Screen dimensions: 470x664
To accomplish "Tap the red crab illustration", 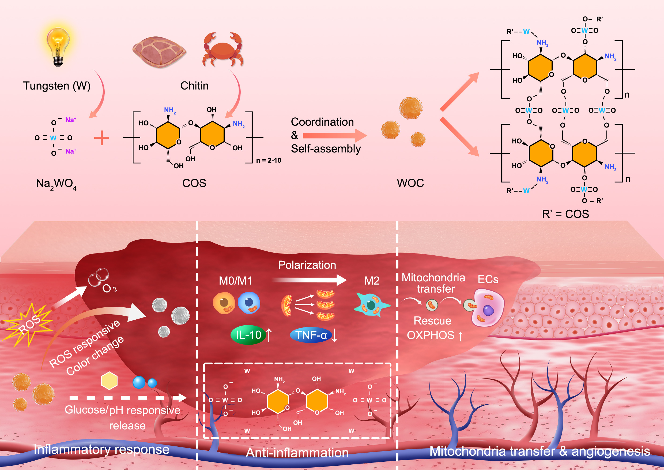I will point(222,50).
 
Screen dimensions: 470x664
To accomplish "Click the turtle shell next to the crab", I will point(159,52).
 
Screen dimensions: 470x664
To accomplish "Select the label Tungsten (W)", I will point(57,86).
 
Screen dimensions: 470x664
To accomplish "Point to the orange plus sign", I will point(101,138).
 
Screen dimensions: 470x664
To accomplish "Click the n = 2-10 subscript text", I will point(268,160).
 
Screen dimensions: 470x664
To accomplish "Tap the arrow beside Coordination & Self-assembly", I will point(334,135).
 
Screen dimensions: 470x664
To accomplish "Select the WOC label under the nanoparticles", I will point(410,183).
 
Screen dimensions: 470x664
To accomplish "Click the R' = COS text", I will point(565,214).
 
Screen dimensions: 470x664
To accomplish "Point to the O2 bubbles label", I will point(109,288).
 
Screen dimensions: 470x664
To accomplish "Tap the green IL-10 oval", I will point(248,335).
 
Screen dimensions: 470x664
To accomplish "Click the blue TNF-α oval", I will point(311,335).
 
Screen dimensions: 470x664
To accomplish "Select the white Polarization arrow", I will point(310,279).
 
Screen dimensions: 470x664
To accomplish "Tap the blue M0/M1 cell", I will point(249,303).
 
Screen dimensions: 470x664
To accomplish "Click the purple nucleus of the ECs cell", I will point(488,311).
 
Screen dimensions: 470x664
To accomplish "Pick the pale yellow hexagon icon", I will point(109,381).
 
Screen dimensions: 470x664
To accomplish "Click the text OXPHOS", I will point(430,335).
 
